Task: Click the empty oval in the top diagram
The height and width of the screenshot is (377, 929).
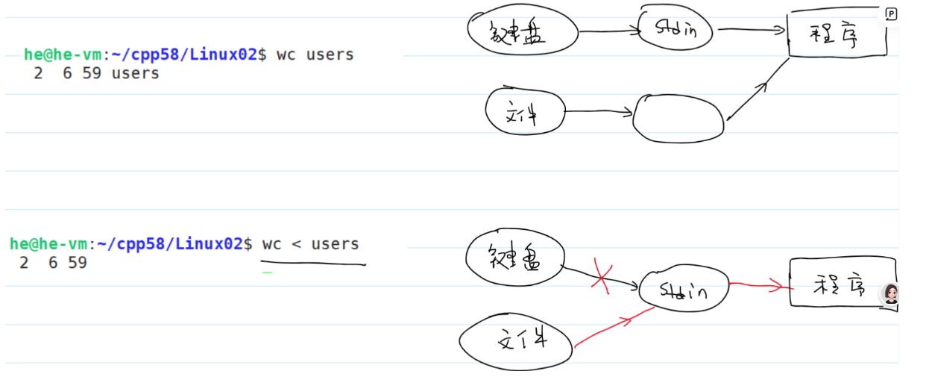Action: coord(678,118)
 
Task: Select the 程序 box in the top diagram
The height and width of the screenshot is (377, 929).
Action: coord(837,34)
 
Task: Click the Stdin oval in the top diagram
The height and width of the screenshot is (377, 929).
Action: coord(675,30)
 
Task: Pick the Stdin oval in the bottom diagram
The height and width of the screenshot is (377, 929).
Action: coord(682,287)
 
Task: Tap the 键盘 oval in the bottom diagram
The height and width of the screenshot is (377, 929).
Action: coord(514,258)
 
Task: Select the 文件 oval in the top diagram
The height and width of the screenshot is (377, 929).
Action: coord(523,113)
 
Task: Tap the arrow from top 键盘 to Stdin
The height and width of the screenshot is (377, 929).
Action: coord(608,31)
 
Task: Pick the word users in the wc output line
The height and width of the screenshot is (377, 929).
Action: coord(135,73)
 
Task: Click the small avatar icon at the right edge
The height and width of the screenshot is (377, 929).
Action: coord(889,293)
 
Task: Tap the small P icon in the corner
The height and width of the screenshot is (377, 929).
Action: coord(891,13)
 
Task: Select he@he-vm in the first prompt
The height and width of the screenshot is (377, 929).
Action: coord(63,54)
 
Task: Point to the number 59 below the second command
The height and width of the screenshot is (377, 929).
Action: coord(77,263)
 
